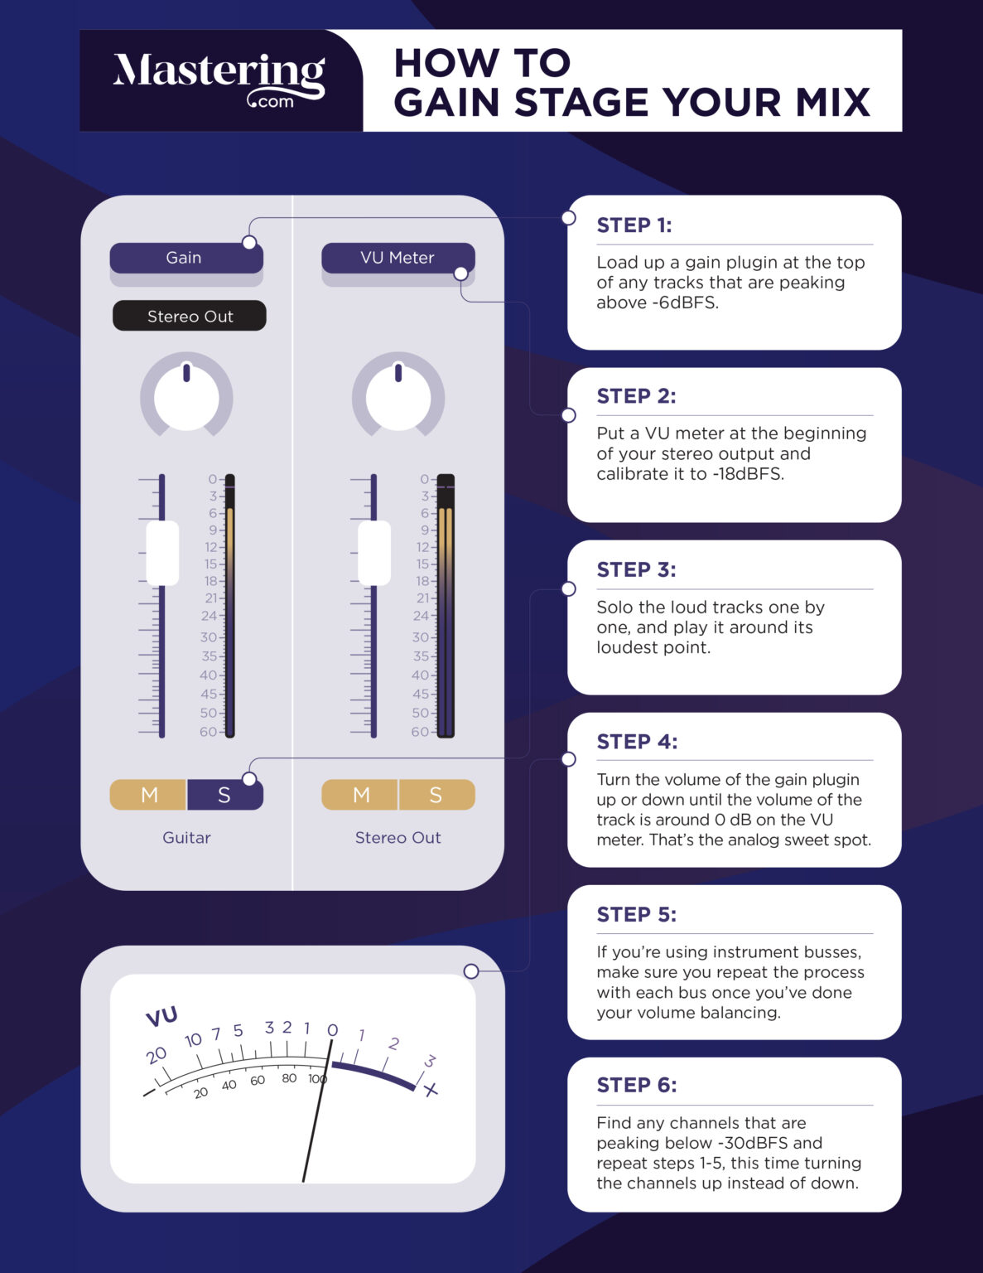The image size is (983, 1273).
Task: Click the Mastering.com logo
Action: pyautogui.click(x=219, y=80)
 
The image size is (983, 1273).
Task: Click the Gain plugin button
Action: pyautogui.click(x=186, y=258)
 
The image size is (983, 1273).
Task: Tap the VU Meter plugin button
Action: pyautogui.click(x=398, y=258)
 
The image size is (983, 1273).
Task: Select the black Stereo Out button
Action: pyautogui.click(x=190, y=316)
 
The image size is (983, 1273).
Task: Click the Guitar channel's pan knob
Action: pyautogui.click(x=186, y=396)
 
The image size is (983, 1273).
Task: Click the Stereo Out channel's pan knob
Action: pyautogui.click(x=398, y=396)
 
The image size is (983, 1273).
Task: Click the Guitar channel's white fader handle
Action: pyautogui.click(x=162, y=553)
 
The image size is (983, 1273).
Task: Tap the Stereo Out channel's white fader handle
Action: pyautogui.click(x=374, y=553)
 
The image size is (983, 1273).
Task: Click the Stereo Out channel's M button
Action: pyautogui.click(x=360, y=795)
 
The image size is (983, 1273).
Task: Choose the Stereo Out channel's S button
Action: pyautogui.click(x=436, y=795)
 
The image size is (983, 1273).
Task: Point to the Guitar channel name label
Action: pyautogui.click(x=186, y=838)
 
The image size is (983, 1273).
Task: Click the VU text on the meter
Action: pyautogui.click(x=161, y=1017)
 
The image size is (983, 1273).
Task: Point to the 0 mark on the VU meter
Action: pyautogui.click(x=332, y=1030)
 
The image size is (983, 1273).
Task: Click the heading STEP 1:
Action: pyautogui.click(x=634, y=225)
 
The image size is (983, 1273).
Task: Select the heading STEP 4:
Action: pyautogui.click(x=636, y=742)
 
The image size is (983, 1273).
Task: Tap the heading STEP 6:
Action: pyautogui.click(x=636, y=1085)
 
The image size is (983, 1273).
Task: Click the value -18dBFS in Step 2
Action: pyautogui.click(x=748, y=474)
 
